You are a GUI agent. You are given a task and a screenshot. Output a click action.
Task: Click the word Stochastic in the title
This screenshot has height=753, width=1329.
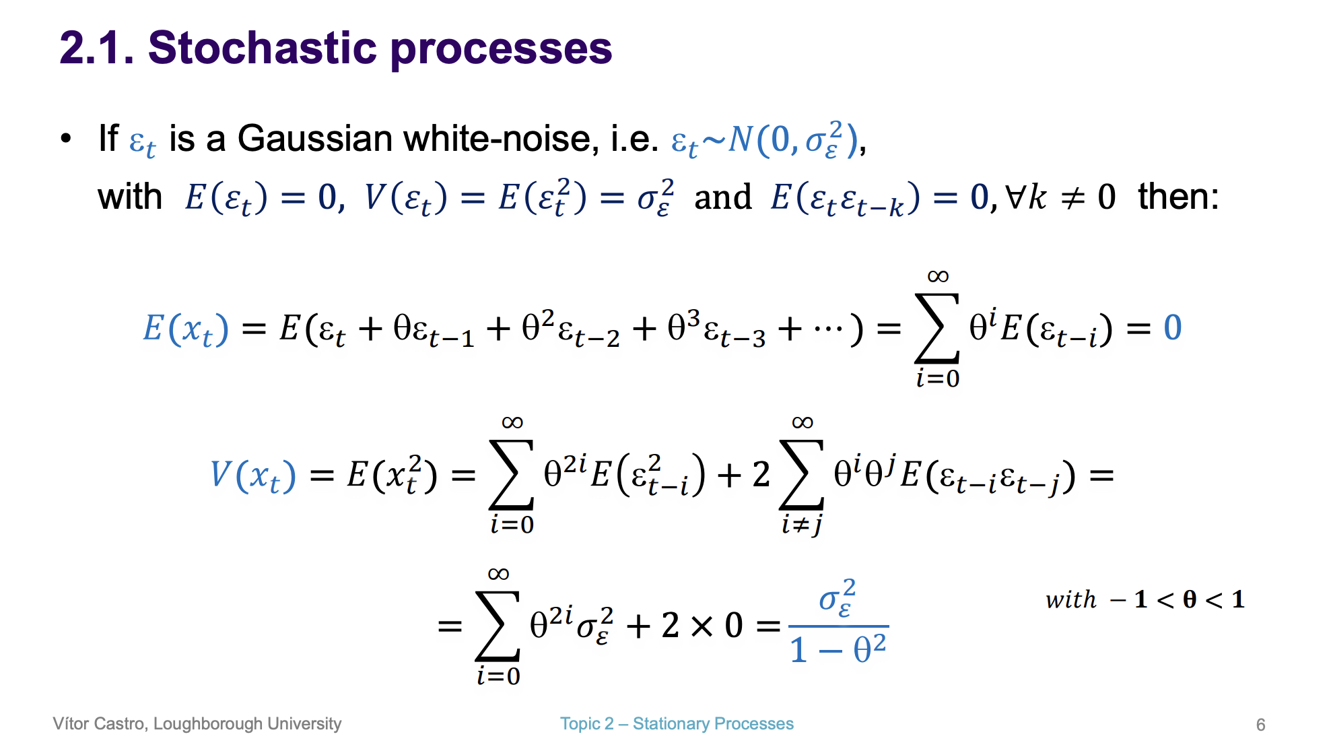point(263,48)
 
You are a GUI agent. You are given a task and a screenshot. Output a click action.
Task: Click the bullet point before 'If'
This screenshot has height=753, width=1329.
point(65,139)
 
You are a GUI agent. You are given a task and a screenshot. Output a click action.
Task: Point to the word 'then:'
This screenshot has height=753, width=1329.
point(1178,197)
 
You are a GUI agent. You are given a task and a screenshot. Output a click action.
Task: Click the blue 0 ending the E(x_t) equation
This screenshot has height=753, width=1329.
point(1172,328)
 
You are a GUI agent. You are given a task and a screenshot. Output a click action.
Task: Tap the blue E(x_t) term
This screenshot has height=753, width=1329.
point(186,329)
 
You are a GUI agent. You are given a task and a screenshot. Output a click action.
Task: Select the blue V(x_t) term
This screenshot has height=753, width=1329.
point(252,475)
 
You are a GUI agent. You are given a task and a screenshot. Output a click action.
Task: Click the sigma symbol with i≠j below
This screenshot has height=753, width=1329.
point(801,475)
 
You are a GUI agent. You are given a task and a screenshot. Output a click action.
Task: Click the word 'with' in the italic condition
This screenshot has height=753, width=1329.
point(1070,599)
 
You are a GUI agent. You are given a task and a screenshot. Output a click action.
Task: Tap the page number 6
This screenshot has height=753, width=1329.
point(1260,725)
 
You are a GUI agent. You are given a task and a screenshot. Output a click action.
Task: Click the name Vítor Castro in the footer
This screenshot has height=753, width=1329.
point(99,724)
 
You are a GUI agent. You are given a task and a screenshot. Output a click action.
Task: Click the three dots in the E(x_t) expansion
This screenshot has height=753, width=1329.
point(827,329)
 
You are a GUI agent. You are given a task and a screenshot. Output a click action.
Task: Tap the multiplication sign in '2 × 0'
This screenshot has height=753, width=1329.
point(701,626)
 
